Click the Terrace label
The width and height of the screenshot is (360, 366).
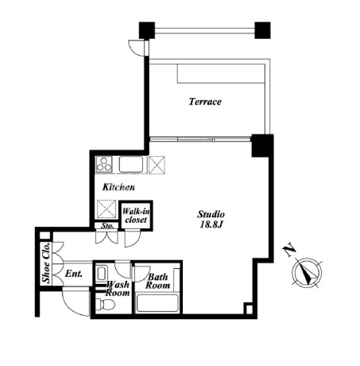click(x=205, y=102)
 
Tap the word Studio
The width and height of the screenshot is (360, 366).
click(x=211, y=214)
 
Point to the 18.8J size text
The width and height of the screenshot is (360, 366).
click(x=211, y=224)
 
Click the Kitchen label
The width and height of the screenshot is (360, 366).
click(x=118, y=187)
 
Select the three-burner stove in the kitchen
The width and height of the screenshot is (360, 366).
click(x=104, y=164)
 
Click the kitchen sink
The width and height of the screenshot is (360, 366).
click(x=131, y=165)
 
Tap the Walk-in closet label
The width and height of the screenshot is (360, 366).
click(x=136, y=216)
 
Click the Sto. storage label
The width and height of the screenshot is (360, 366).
click(x=107, y=226)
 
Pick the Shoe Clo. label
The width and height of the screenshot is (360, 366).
click(x=46, y=263)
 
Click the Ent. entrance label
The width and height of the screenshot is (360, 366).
click(x=73, y=274)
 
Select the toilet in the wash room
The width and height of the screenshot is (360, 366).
click(x=105, y=304)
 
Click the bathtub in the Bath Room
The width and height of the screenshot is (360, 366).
click(x=157, y=303)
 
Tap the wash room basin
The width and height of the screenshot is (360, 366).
click(x=101, y=274)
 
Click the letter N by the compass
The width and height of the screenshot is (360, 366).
click(x=289, y=249)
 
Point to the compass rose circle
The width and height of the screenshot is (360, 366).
click(x=307, y=272)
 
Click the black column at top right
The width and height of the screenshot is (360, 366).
click(x=262, y=30)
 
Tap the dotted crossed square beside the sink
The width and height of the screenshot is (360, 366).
click(x=157, y=165)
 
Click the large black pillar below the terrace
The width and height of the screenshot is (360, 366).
click(x=262, y=146)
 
